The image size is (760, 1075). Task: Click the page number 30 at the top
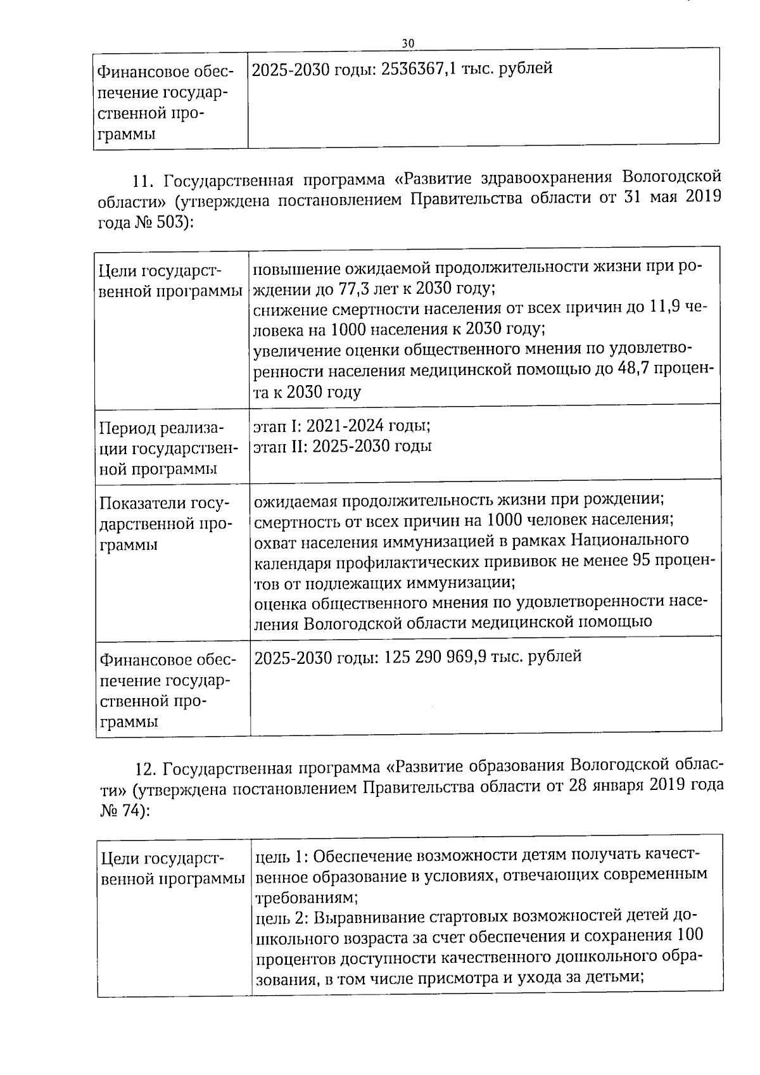click(x=408, y=42)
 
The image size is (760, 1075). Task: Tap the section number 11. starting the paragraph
click(x=144, y=181)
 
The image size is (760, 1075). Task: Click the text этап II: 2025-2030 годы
click(x=343, y=446)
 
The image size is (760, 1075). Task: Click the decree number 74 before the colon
click(x=131, y=810)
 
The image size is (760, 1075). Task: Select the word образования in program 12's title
click(x=517, y=767)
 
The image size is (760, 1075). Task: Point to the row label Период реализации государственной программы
click(x=167, y=448)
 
